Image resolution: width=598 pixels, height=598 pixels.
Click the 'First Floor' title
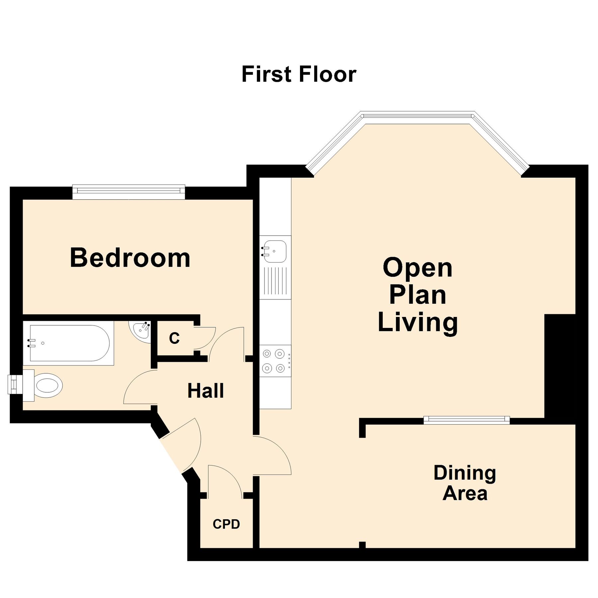click(299, 74)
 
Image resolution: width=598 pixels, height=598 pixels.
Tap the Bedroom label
click(130, 258)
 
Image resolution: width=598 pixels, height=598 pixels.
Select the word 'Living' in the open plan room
click(418, 322)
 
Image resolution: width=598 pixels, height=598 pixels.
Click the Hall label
click(205, 391)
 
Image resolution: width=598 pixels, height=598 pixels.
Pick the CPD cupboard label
click(226, 524)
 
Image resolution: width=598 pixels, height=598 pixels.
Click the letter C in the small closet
click(174, 338)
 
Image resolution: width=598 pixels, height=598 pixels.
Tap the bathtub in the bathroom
click(69, 343)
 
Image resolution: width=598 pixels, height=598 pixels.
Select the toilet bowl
click(49, 386)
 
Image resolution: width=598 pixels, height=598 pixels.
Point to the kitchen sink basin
click(275, 251)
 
